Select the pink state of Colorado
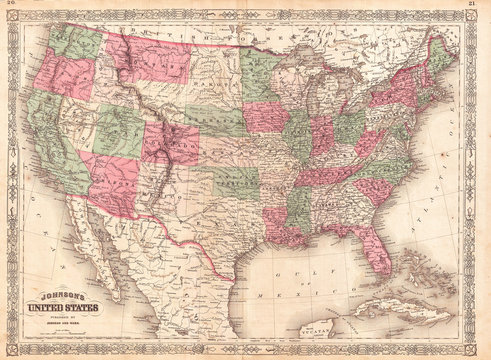point(170,143)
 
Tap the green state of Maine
point(440,55)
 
